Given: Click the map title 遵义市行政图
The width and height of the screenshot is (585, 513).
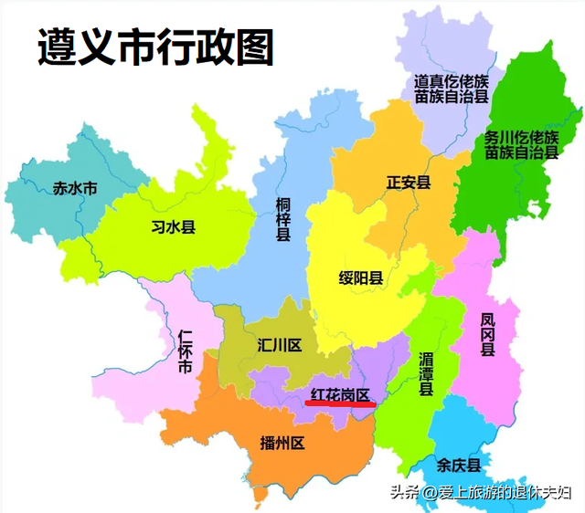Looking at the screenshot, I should [155, 47].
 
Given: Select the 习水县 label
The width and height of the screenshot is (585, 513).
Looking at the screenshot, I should [173, 227].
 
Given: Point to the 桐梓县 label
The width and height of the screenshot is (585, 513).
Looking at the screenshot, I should [283, 219].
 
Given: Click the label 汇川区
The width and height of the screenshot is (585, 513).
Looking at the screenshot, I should [279, 346].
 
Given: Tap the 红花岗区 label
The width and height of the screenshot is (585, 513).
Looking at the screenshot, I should [341, 394].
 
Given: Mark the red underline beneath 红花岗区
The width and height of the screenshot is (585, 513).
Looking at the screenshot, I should [341, 405].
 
